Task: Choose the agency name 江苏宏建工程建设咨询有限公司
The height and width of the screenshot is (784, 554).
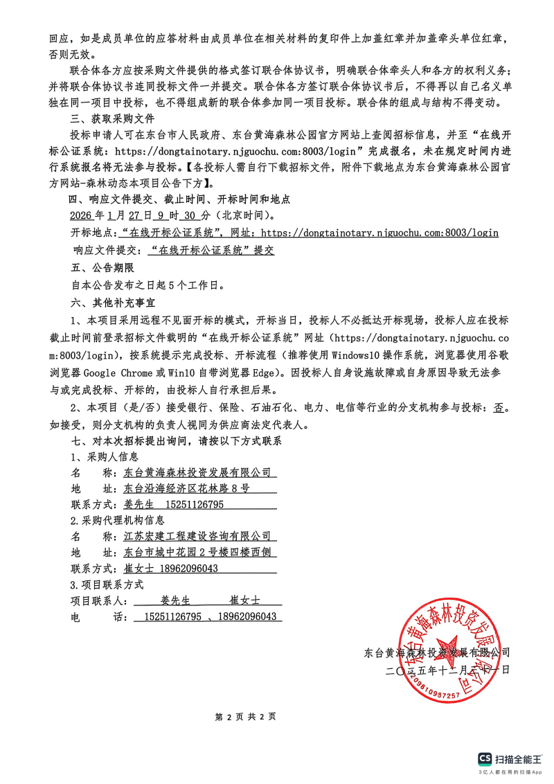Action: (197, 536)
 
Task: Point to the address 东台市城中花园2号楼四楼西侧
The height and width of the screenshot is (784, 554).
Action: (197, 552)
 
